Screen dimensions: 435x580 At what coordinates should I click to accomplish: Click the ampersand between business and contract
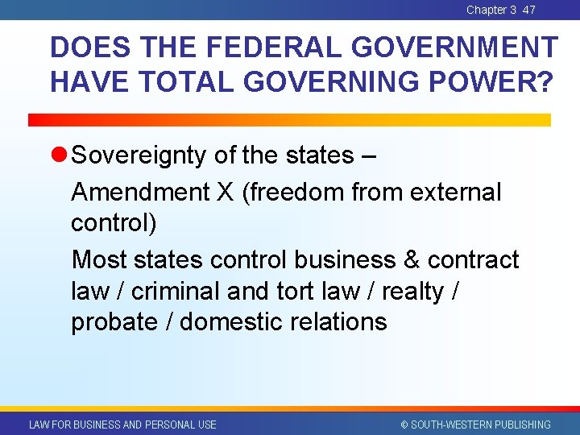[x=411, y=259]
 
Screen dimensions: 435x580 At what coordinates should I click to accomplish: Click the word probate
[x=114, y=322]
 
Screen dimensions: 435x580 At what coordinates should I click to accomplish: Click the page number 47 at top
[x=528, y=10]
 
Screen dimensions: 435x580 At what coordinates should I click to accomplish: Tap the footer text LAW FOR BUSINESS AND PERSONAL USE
[x=122, y=425]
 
